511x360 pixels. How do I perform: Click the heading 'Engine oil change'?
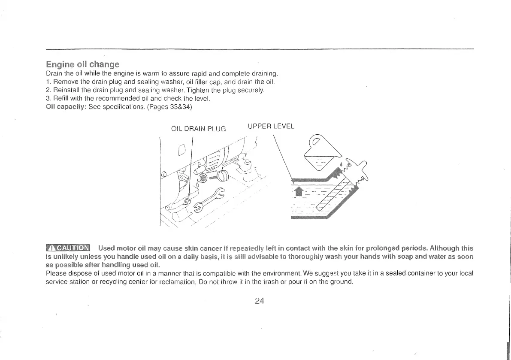82,64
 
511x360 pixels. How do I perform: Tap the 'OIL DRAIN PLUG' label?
198,129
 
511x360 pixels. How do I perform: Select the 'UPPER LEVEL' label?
271,126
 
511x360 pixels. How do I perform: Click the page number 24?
259,301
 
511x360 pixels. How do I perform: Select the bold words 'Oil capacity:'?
66,106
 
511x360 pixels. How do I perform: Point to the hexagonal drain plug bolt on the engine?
187,201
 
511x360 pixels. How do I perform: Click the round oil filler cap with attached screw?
223,176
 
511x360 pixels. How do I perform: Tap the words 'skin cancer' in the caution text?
204,248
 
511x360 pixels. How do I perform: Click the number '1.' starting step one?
48,82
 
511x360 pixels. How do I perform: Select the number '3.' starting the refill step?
48,98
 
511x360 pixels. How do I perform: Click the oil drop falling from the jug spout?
341,165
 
